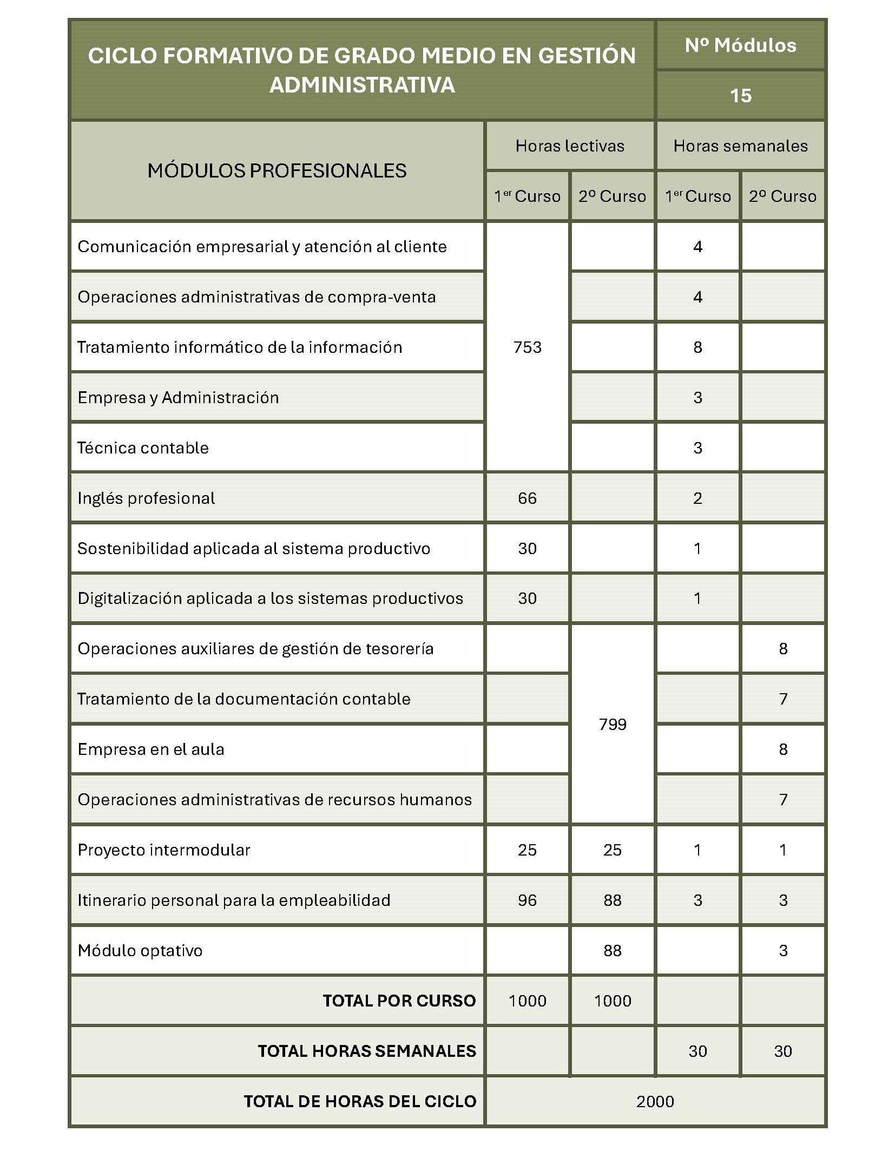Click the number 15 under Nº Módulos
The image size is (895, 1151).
coord(740,96)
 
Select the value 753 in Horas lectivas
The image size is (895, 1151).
coord(527,347)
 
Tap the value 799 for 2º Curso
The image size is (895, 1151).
coord(612,724)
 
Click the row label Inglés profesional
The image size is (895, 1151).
coord(146,498)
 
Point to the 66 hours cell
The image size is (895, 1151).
coord(527,498)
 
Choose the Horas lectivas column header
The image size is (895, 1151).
coord(570,146)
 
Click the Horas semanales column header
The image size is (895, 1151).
coord(740,146)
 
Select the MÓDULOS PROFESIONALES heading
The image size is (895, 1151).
coord(277,170)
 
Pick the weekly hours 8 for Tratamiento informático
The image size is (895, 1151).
coord(697,347)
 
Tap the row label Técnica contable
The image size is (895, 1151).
coord(143,448)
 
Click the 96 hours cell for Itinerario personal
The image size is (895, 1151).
coord(527,900)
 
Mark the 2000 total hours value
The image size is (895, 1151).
coord(655,1101)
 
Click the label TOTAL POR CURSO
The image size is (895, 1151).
coord(399,1001)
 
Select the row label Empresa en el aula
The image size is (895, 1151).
coord(151,749)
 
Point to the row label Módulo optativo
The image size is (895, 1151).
coord(140,950)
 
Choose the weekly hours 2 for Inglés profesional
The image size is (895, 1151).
coord(697,498)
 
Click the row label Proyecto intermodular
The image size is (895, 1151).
coord(164,850)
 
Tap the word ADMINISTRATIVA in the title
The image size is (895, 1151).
coord(362,85)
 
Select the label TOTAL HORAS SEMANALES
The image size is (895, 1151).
coord(367,1051)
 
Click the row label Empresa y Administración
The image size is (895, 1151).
coord(178,397)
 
